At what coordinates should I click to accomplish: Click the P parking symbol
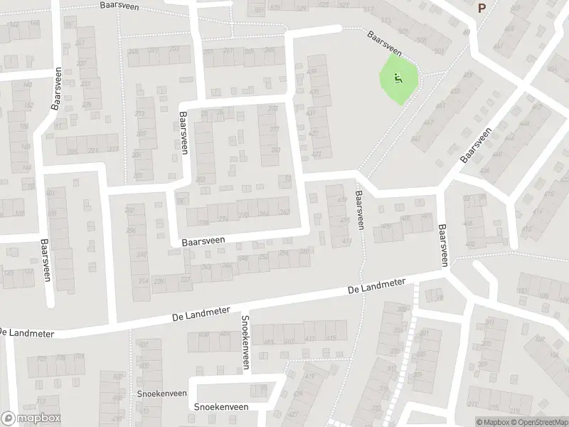tap(482, 8)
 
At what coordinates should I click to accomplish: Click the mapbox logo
tap(31, 418)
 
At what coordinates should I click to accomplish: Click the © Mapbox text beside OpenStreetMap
tap(490, 422)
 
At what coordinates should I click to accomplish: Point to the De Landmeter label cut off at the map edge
tap(14, 332)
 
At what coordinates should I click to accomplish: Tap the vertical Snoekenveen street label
tap(245, 342)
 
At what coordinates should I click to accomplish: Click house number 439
tap(311, 72)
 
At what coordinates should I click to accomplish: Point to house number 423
tap(316, 154)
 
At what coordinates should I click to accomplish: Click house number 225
tap(72, 150)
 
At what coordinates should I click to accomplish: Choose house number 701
tap(79, 357)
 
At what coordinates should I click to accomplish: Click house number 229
tap(87, 105)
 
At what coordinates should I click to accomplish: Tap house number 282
tap(201, 179)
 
